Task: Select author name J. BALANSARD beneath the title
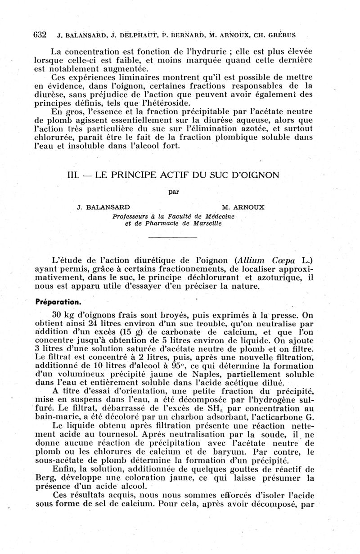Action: (x=104, y=207)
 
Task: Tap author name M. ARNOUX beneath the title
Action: (x=243, y=207)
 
